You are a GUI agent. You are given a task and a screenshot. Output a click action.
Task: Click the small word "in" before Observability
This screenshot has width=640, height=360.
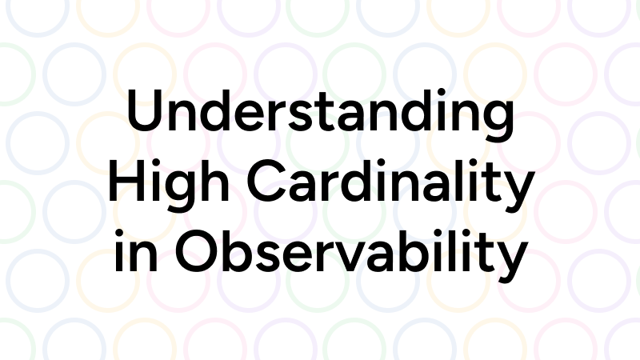(x=135, y=250)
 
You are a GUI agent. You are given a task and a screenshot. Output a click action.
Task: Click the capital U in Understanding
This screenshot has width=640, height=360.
(x=146, y=110)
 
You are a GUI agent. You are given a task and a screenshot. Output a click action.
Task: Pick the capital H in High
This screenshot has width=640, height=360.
(x=127, y=181)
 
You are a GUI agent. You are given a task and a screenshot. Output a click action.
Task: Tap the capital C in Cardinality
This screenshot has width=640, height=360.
(x=267, y=181)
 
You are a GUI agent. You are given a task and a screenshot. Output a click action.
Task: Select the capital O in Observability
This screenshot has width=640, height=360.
(x=197, y=251)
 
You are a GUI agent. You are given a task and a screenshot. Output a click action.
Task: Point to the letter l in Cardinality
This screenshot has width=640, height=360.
(x=478, y=181)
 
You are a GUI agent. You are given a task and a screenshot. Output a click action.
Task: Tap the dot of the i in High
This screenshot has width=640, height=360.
(x=155, y=163)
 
